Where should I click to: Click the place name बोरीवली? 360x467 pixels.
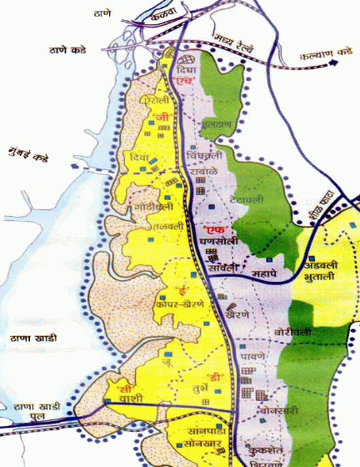pyautogui.click(x=292, y=332)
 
